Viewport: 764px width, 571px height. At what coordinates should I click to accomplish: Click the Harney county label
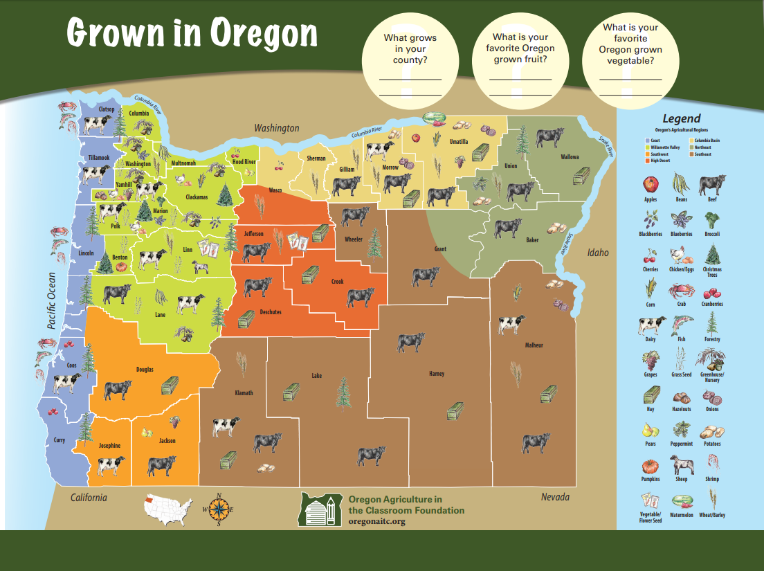[436, 374]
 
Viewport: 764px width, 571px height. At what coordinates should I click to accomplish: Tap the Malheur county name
[534, 345]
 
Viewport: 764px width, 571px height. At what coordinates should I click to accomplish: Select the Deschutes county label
[271, 312]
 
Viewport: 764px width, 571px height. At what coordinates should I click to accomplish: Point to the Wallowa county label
[570, 157]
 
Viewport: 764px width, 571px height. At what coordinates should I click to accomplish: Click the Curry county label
[60, 440]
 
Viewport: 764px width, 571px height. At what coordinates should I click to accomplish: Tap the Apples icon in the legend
[651, 185]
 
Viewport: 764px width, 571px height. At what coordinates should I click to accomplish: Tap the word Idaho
[598, 253]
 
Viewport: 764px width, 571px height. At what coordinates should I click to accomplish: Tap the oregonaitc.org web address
[377, 521]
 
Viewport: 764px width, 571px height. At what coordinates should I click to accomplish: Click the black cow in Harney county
[410, 342]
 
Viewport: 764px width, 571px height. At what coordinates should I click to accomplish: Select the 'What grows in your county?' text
[410, 48]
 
